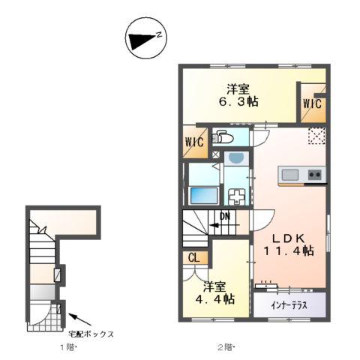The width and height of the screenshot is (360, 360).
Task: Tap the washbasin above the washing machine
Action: click(x=235, y=159)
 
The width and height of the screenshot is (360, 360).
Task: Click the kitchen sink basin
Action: click(x=290, y=175)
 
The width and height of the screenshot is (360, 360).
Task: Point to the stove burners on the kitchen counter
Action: click(x=315, y=175)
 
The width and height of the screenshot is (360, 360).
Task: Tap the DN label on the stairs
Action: click(x=224, y=218)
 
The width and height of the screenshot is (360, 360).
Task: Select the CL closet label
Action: click(x=193, y=257)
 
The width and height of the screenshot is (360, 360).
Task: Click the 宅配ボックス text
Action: click(x=91, y=334)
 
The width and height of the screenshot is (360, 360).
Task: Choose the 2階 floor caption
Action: click(x=225, y=347)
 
